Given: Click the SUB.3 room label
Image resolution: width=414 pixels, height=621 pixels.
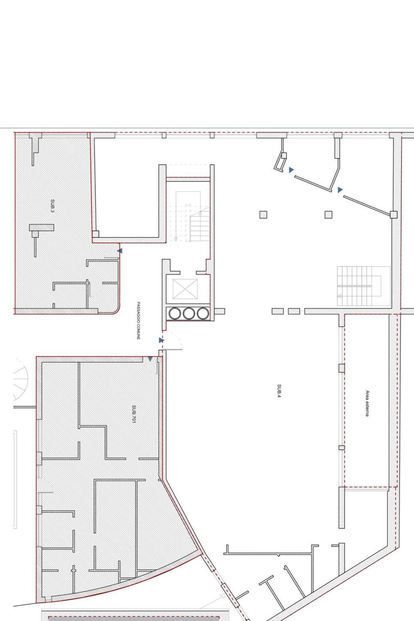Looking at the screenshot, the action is [53, 206].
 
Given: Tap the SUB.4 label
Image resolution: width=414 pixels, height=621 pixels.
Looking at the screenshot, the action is [279, 391].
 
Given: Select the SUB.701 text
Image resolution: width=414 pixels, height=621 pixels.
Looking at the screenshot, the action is [134, 415].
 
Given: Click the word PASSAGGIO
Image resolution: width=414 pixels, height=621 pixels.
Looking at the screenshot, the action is [138, 312].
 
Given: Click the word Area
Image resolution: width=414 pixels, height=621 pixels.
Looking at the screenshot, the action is [367, 395].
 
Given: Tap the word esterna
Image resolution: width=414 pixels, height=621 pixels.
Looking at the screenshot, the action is [367, 409].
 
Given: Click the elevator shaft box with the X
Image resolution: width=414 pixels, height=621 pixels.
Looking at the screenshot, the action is [185, 289].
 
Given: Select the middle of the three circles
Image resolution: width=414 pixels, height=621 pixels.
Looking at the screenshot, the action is [189, 314].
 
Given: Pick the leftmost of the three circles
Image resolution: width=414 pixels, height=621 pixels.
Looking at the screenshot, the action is [175, 314].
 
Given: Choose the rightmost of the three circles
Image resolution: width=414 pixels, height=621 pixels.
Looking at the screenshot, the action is [202, 314].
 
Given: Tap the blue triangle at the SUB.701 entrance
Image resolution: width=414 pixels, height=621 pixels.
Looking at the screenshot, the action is [150, 359].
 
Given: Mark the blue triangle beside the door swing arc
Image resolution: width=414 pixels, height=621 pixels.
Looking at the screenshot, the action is [161, 340].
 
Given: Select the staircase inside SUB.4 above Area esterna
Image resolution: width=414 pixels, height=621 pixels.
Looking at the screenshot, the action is [363, 286].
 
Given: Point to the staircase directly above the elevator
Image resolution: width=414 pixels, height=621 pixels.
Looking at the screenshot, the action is [188, 216].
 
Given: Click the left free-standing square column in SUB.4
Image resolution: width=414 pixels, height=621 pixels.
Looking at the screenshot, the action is [263, 215].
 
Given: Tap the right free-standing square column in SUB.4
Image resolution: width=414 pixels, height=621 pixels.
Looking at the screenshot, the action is [328, 215].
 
